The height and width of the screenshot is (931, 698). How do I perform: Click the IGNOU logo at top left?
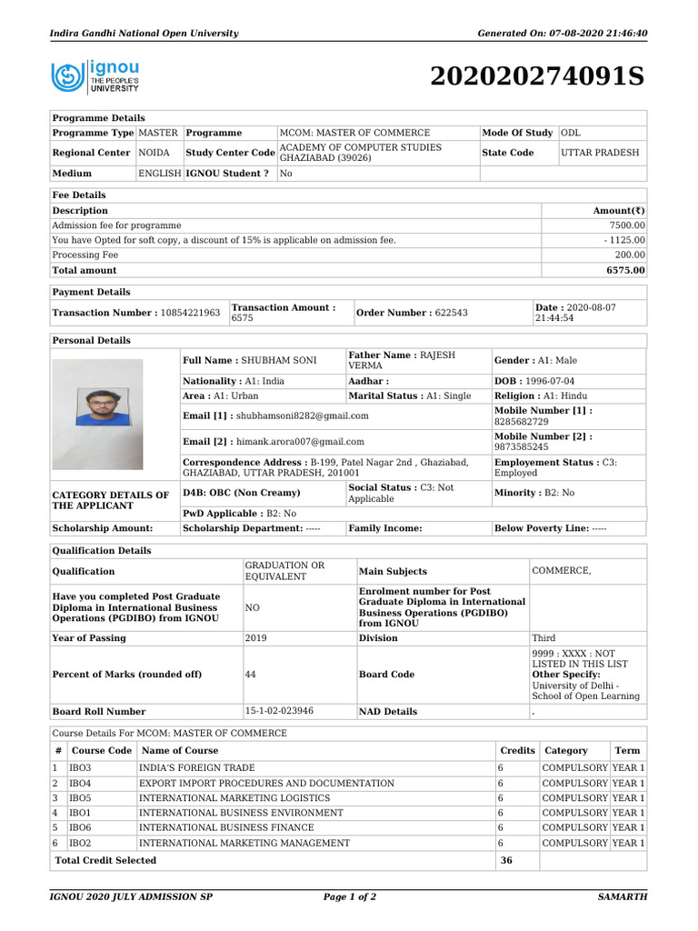[x=96, y=76]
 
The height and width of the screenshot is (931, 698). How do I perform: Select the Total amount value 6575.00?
[x=626, y=270]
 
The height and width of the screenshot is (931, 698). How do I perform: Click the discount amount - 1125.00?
[x=623, y=240]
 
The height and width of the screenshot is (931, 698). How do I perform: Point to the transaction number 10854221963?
[x=190, y=313]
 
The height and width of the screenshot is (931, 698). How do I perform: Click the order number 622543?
[x=451, y=313]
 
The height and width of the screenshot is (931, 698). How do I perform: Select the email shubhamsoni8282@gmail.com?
[x=302, y=415]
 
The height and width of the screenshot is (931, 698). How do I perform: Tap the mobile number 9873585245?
[x=521, y=447]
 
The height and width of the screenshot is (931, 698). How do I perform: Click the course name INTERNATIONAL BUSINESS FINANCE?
[x=226, y=827]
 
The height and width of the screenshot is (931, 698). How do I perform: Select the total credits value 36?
[x=507, y=860]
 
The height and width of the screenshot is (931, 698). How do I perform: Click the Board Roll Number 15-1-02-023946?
[x=279, y=711]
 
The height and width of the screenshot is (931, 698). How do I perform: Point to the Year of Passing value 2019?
[x=256, y=638]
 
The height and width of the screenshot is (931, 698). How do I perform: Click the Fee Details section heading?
[x=79, y=195]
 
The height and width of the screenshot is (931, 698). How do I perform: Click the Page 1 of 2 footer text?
[x=350, y=896]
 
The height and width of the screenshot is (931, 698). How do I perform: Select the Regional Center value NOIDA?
[x=154, y=153]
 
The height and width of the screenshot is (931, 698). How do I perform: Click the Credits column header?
[x=517, y=751]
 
